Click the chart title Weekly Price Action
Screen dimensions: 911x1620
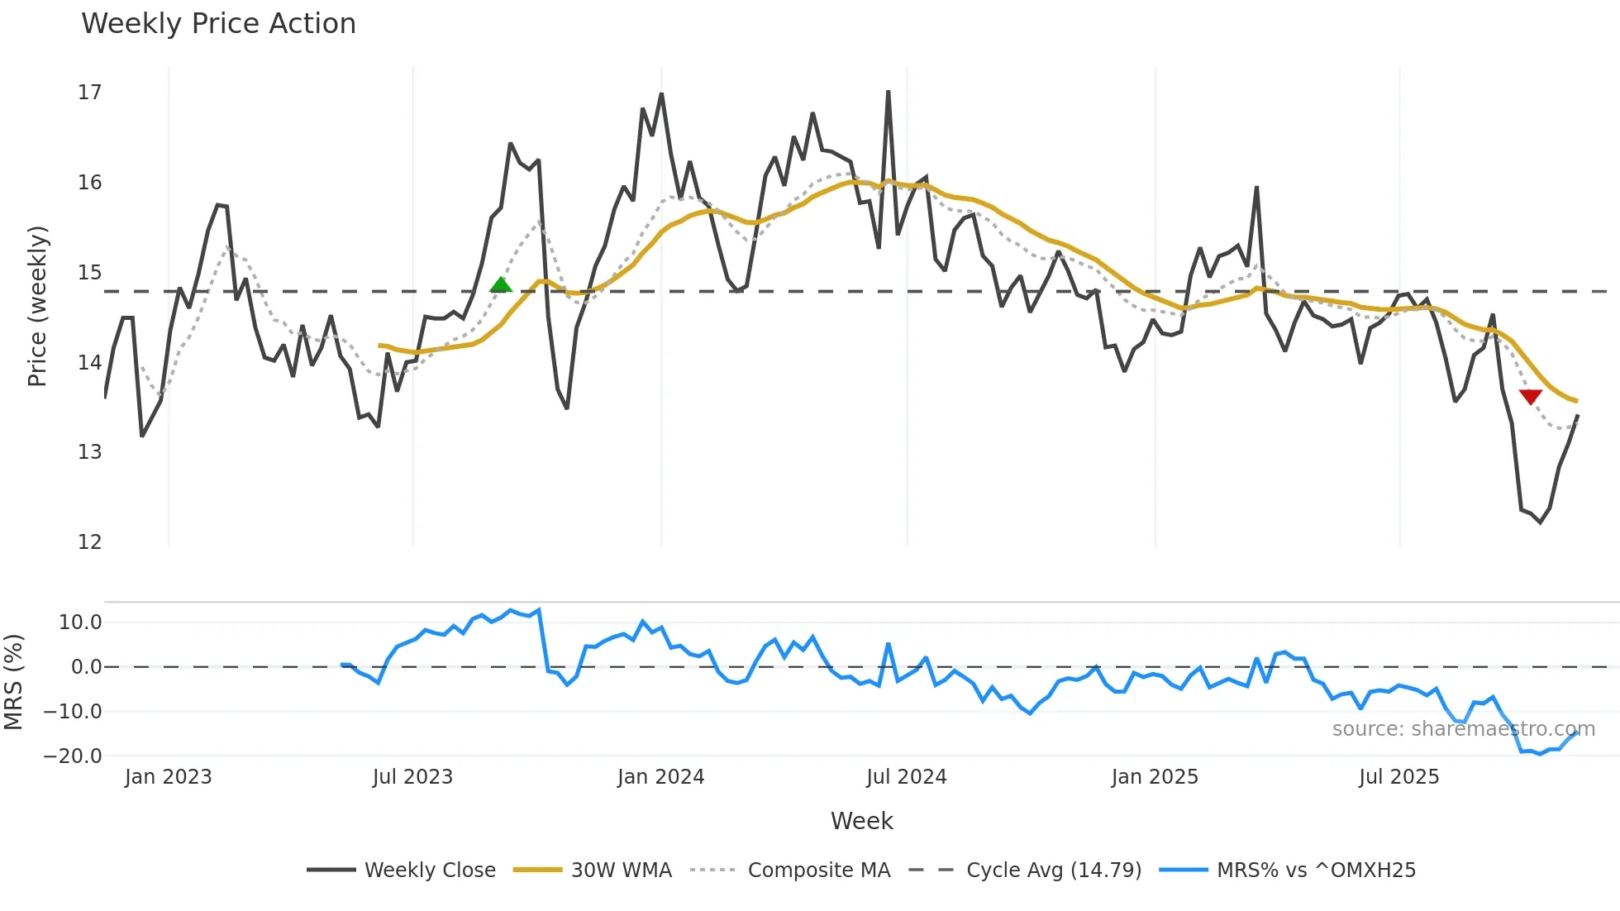tap(218, 24)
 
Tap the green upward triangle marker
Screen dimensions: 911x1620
tap(501, 286)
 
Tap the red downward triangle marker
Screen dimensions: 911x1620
tap(1531, 397)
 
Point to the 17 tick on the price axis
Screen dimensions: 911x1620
tap(89, 93)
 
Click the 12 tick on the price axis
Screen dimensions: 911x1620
tap(89, 542)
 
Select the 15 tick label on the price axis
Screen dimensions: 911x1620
tap(89, 273)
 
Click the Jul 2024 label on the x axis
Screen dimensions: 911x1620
tap(906, 777)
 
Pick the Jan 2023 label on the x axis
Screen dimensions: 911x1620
tap(169, 777)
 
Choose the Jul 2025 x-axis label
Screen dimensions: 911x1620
tap(1398, 777)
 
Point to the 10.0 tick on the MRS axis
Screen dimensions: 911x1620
tap(80, 622)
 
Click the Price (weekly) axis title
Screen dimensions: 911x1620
tap(37, 306)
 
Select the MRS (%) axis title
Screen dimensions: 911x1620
tap(13, 682)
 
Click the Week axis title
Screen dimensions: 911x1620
tap(861, 821)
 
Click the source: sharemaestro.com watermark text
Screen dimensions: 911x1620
tap(1463, 729)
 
